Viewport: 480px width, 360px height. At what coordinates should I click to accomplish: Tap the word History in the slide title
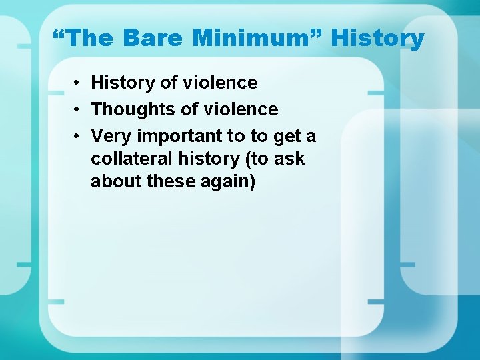pyautogui.click(x=377, y=39)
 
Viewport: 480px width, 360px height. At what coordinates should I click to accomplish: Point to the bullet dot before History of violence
pyautogui.click(x=78, y=83)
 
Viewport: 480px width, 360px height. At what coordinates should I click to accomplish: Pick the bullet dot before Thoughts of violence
pyautogui.click(x=78, y=109)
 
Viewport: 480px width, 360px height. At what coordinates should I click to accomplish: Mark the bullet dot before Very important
pyautogui.click(x=78, y=136)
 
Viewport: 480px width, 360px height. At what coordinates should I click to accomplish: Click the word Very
pyautogui.click(x=111, y=136)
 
